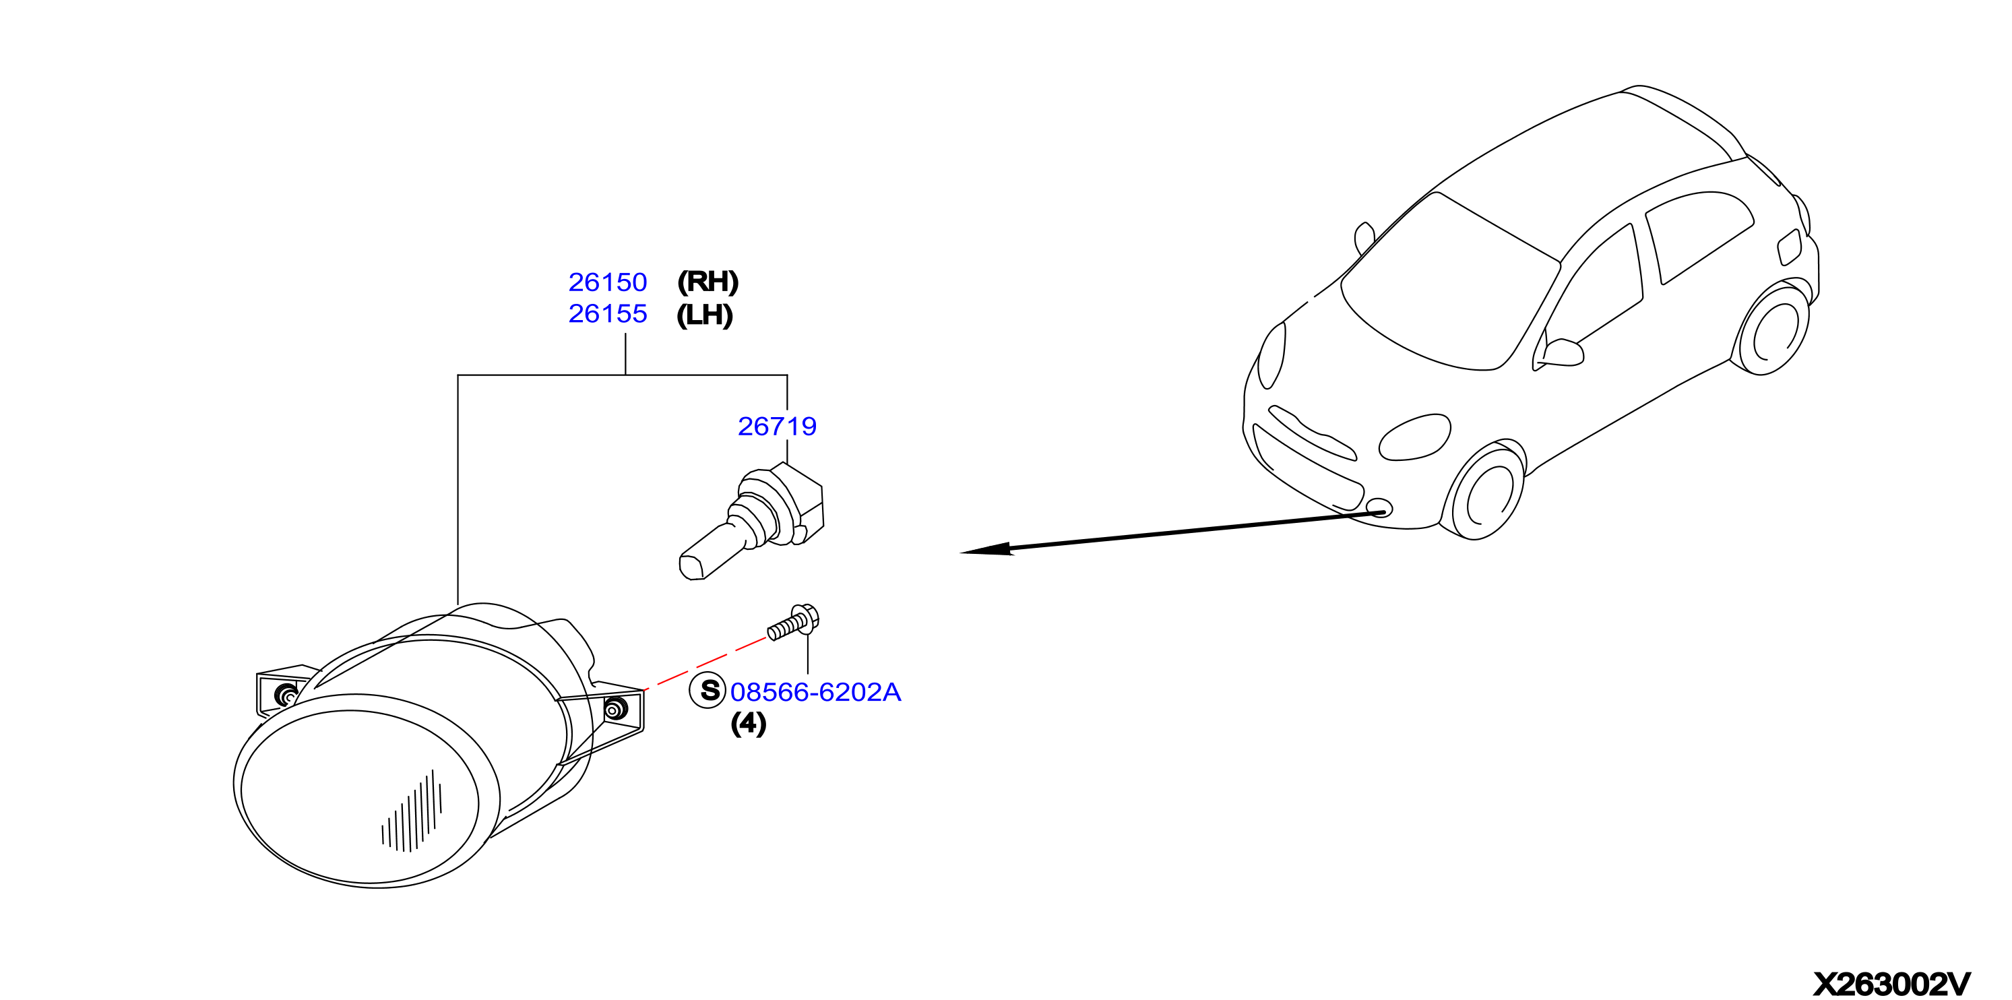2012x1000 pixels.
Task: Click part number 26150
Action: point(608,282)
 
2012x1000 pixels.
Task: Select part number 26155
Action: point(608,313)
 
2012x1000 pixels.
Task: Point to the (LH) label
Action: point(705,315)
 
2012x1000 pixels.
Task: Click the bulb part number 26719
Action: point(777,426)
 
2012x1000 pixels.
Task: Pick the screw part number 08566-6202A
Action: point(815,692)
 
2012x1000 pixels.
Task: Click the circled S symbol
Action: point(708,691)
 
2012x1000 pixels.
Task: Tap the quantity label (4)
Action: point(748,724)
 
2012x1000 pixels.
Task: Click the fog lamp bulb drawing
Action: point(752,521)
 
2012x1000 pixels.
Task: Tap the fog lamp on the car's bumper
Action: point(1379,509)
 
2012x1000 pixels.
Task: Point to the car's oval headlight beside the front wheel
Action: point(1414,437)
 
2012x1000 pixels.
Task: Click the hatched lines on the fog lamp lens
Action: point(412,813)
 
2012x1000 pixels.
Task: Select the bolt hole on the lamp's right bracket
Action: point(615,710)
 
